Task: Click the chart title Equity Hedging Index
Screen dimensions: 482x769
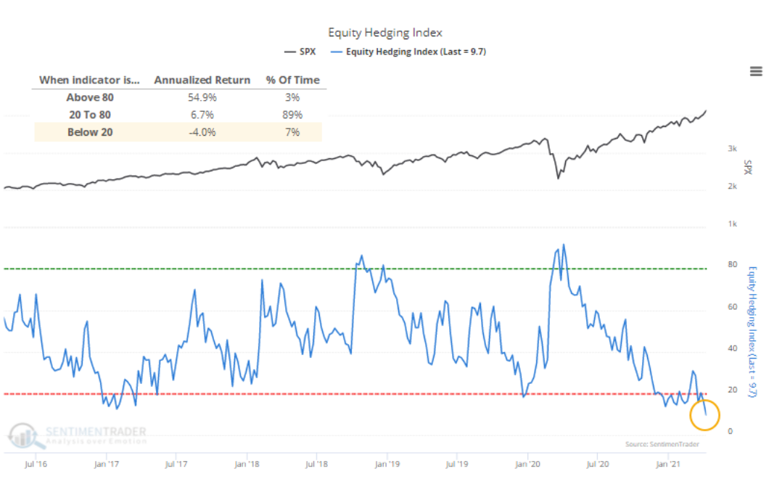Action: click(x=384, y=33)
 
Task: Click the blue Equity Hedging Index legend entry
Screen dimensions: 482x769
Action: click(x=408, y=52)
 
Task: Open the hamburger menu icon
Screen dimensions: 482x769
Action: click(x=756, y=70)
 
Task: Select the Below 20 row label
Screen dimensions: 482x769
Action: click(x=90, y=132)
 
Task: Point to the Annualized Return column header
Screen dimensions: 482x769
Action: click(x=202, y=80)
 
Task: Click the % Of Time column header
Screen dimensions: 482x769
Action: click(x=292, y=80)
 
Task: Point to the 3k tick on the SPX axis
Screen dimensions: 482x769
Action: click(x=732, y=149)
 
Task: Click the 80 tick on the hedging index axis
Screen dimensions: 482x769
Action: click(x=732, y=265)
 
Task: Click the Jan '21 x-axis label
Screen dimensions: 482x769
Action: click(x=668, y=462)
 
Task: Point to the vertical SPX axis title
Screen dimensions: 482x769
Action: click(x=747, y=167)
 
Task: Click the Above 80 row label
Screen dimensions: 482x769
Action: click(x=90, y=97)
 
